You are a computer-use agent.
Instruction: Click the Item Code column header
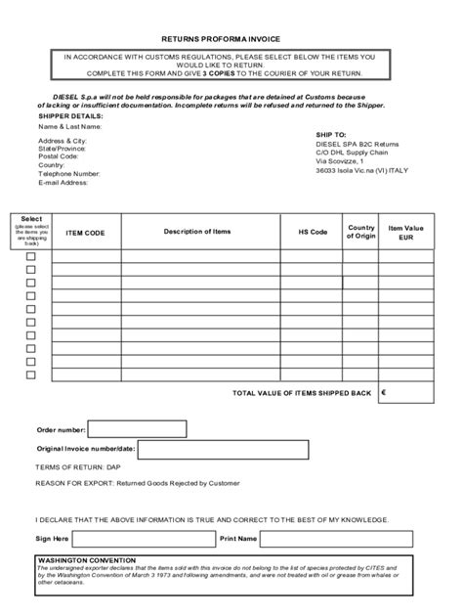(x=85, y=233)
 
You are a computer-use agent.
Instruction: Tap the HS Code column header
(x=313, y=233)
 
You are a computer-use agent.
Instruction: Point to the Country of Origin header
(x=360, y=232)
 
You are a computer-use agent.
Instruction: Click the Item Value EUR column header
(x=407, y=232)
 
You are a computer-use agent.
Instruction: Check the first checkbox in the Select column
(x=30, y=256)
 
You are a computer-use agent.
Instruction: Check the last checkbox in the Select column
(x=30, y=374)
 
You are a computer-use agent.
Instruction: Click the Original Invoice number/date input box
(x=223, y=448)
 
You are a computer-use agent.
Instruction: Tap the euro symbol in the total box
(x=384, y=393)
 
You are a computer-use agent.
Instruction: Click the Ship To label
(x=331, y=133)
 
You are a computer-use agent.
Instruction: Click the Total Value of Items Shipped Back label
(x=302, y=393)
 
